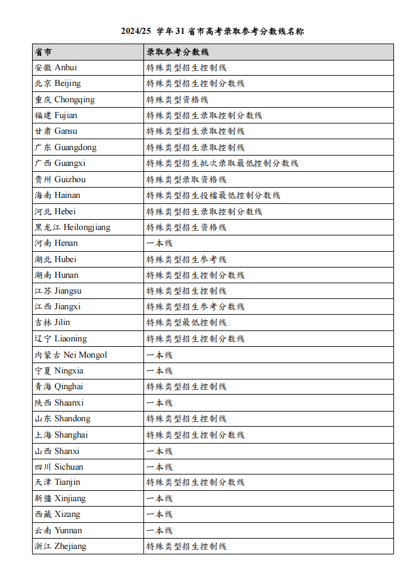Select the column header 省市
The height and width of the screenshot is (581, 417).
(44, 51)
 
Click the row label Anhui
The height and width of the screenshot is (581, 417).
(56, 67)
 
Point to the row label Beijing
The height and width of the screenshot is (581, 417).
(57, 83)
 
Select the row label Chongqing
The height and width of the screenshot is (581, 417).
(65, 99)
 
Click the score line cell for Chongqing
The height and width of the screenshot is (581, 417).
(177, 99)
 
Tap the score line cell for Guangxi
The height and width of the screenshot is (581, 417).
(222, 163)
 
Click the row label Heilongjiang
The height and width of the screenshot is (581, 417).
(72, 227)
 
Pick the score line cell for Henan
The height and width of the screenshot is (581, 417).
(160, 243)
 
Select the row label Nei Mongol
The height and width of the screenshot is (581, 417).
(71, 355)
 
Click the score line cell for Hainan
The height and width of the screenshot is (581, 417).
(213, 195)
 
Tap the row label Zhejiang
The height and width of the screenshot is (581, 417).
(61, 546)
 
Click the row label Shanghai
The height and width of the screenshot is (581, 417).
(61, 435)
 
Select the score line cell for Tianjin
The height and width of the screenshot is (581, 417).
(195, 482)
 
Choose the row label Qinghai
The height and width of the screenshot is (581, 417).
(59, 386)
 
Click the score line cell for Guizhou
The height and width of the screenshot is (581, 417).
(186, 179)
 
